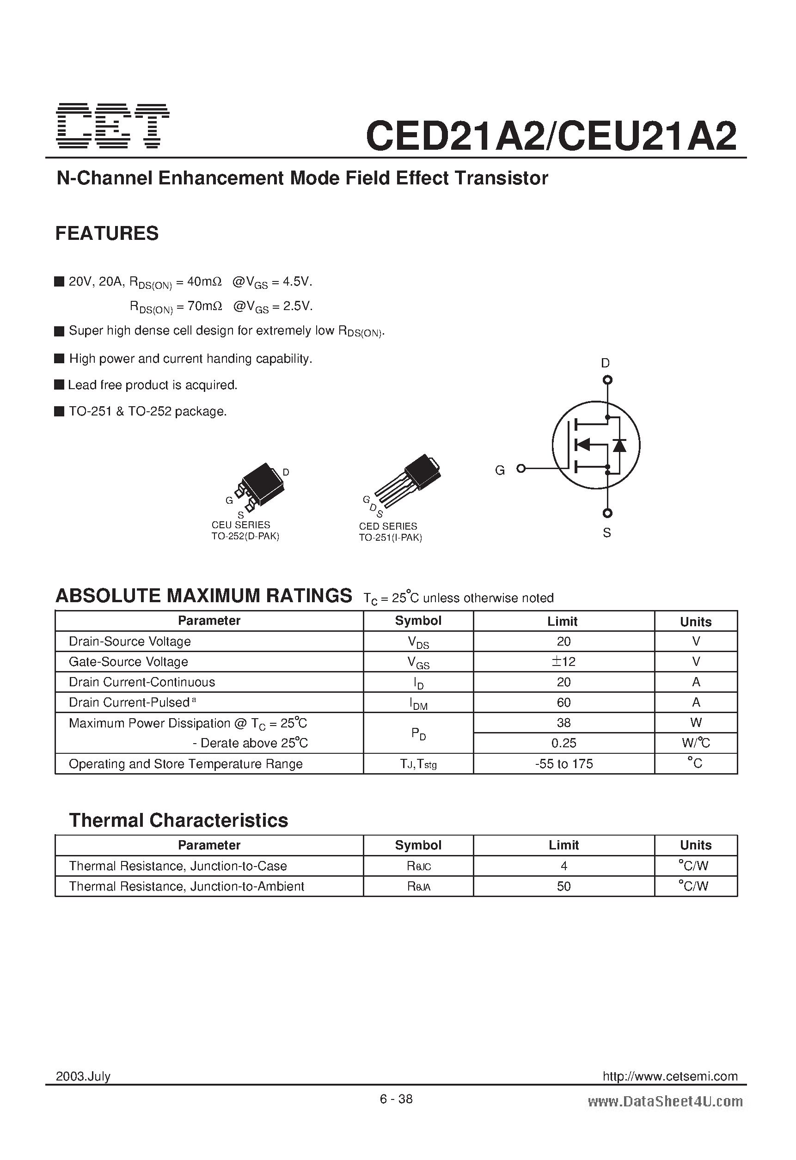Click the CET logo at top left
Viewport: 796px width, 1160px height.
click(x=112, y=126)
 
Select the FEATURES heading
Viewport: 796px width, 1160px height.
click(x=106, y=233)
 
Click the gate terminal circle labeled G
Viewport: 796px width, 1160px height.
click(x=521, y=468)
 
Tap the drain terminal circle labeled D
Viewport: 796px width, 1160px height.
click(x=607, y=380)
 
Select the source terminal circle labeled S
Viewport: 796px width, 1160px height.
click(x=607, y=513)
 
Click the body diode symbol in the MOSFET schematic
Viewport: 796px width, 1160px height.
click(x=620, y=445)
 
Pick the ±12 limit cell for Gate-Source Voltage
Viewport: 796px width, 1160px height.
click(x=563, y=661)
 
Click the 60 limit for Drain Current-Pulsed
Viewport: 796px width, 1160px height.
click(x=563, y=702)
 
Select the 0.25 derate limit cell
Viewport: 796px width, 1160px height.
click(x=563, y=743)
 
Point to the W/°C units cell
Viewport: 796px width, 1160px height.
click(x=696, y=743)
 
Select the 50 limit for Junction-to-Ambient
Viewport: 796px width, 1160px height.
click(x=563, y=886)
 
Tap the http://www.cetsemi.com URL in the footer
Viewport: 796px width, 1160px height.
click(x=670, y=1076)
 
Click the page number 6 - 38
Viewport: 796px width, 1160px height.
click(x=396, y=1099)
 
